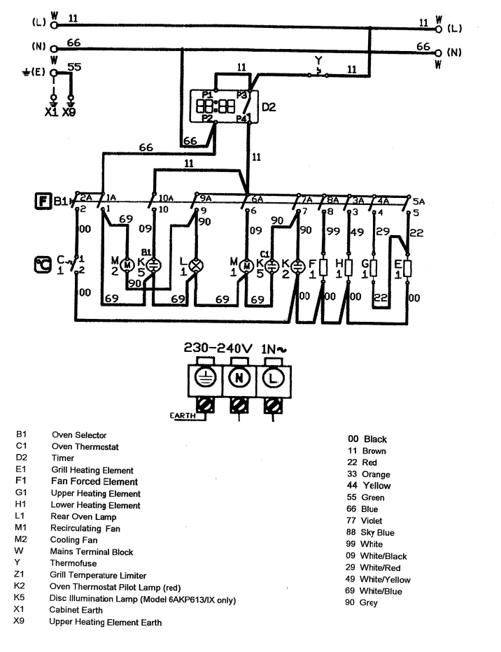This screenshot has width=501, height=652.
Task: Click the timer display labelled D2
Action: click(217, 106)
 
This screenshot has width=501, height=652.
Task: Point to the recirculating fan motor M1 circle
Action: click(246, 266)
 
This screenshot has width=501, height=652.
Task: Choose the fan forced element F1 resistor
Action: click(323, 267)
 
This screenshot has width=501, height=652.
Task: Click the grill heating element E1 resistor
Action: click(407, 267)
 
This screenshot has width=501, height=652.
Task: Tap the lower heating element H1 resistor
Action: click(349, 267)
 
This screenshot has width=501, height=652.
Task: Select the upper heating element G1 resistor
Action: click(374, 267)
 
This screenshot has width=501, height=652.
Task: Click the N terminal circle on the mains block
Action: click(239, 378)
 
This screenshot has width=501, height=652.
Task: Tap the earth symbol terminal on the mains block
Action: click(204, 378)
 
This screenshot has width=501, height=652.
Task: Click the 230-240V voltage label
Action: click(218, 348)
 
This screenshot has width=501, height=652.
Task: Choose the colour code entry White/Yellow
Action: click(384, 580)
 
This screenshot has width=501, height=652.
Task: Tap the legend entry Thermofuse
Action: click(73, 564)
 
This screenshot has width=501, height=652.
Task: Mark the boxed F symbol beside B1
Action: click(41, 202)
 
